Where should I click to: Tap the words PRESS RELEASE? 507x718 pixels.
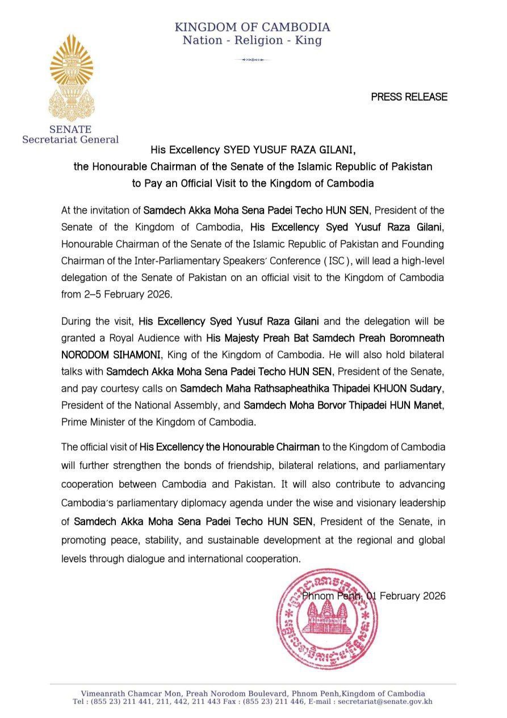point(409,97)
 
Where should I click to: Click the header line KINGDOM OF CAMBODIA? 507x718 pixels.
point(252,27)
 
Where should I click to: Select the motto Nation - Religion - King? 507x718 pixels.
point(252,40)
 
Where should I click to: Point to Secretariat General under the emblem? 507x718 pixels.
point(70,140)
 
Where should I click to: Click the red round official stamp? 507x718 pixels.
point(326,612)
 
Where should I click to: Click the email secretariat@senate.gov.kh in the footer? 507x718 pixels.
point(385,702)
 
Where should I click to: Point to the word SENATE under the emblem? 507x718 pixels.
point(70,129)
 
